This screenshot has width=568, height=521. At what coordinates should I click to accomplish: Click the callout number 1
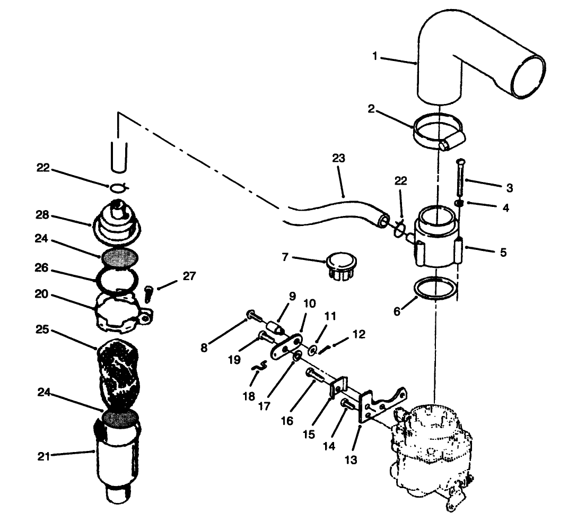[375, 56]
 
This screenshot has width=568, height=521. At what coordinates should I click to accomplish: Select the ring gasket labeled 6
[435, 289]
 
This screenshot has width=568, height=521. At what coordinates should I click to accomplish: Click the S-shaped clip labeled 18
[258, 367]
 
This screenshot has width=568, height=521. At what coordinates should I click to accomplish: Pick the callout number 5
[502, 252]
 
